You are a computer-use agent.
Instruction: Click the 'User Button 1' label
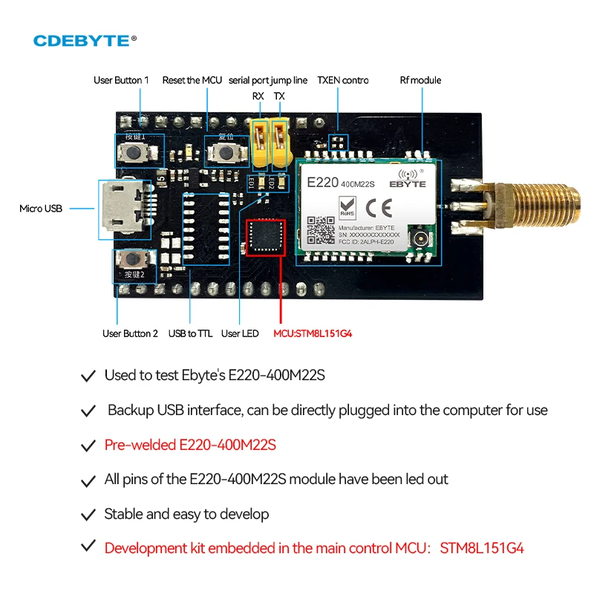[121, 80]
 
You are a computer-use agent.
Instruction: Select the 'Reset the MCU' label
[193, 80]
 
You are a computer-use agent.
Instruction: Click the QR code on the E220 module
[321, 229]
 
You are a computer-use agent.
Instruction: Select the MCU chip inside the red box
[265, 237]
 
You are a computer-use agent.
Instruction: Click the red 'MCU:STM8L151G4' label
[313, 333]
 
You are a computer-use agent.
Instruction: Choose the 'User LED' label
[240, 333]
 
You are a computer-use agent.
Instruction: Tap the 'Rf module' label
[420, 80]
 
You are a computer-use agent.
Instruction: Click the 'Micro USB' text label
[41, 209]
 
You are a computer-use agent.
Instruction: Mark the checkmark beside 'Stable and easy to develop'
[88, 515]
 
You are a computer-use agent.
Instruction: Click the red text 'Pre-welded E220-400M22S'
[190, 445]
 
